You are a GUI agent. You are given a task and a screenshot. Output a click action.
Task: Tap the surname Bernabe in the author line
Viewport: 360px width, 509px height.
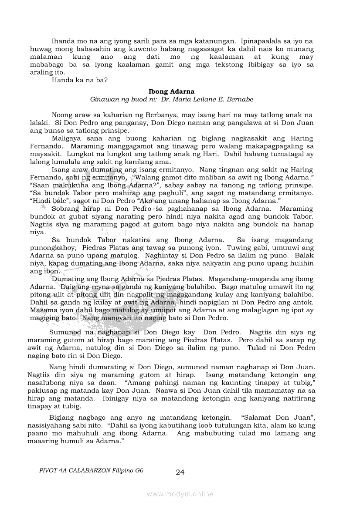pyautogui.click(x=239, y=99)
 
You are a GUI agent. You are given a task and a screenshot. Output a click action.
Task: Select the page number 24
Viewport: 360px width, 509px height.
pyautogui.click(x=180, y=472)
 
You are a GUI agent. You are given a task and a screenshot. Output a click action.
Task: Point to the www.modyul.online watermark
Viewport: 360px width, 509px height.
pyautogui.click(x=180, y=494)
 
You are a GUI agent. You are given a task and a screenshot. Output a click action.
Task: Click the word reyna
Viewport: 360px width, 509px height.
pyautogui.click(x=88, y=287)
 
